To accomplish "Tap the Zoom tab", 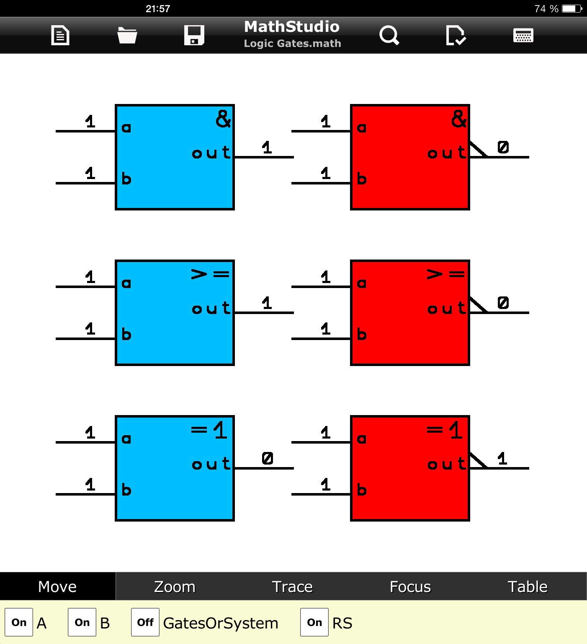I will tap(175, 587).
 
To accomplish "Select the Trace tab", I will tap(292, 587).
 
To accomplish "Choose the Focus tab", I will tap(410, 587).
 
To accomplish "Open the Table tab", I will tap(527, 587).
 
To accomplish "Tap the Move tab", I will tap(57, 587).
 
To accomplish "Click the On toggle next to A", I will tap(19, 623).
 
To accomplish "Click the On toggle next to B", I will tap(82, 623).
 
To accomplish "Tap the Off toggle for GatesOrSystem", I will tap(145, 623).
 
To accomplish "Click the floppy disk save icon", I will tap(194, 35).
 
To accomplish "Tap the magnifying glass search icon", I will tap(389, 35).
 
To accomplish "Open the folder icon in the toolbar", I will tap(127, 35).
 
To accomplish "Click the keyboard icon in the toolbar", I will tap(523, 35).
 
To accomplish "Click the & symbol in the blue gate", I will tap(223, 119).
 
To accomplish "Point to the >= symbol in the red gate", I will tap(445, 274).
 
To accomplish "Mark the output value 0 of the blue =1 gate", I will tap(268, 458).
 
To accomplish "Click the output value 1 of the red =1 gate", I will tap(502, 458).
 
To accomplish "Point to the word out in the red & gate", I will tap(447, 153).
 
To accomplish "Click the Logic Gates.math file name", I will tap(292, 44).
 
